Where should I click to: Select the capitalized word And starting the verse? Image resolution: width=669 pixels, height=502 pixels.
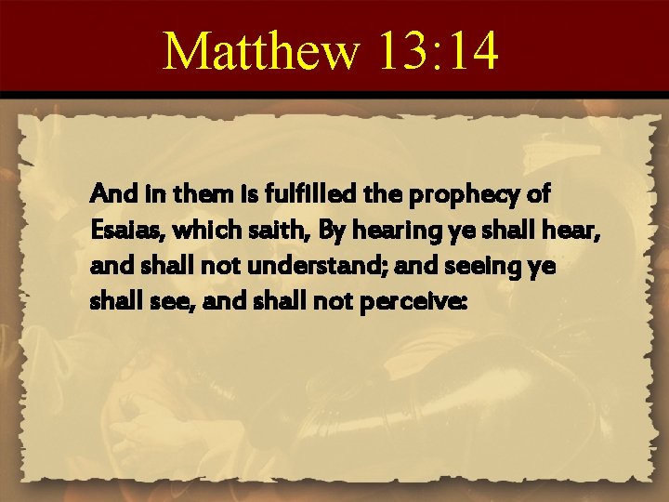pos(110,195)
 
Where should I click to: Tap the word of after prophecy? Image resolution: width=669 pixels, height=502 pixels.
pos(537,195)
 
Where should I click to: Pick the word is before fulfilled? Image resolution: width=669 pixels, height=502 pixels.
pos(224,195)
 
